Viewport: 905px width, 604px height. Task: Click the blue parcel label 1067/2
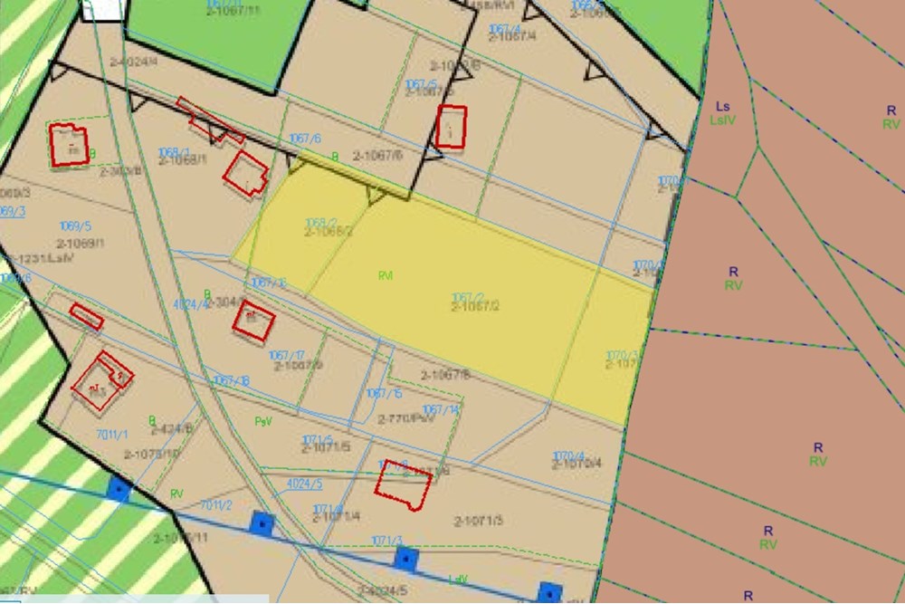(x=467, y=297)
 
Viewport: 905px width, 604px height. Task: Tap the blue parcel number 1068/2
(x=320, y=223)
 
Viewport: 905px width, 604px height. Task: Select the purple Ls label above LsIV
(x=722, y=107)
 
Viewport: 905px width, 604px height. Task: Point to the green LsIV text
(x=722, y=119)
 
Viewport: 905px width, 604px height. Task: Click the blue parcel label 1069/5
(x=75, y=225)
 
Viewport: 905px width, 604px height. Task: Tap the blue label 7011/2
(x=216, y=505)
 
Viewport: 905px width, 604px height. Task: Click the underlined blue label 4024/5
(x=303, y=484)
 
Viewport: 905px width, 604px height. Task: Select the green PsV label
(x=263, y=422)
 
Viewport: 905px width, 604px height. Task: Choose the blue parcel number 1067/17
(x=286, y=355)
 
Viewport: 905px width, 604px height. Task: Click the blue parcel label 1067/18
(x=231, y=381)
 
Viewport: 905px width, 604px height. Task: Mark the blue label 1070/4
(x=569, y=456)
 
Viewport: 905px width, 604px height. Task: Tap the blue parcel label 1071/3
(x=386, y=541)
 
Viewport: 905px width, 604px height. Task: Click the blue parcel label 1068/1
(x=174, y=152)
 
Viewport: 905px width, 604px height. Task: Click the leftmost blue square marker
(x=119, y=490)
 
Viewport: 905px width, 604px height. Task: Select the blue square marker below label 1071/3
(x=406, y=559)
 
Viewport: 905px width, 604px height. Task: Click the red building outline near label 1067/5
(x=451, y=126)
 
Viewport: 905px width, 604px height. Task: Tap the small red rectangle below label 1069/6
(x=87, y=316)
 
